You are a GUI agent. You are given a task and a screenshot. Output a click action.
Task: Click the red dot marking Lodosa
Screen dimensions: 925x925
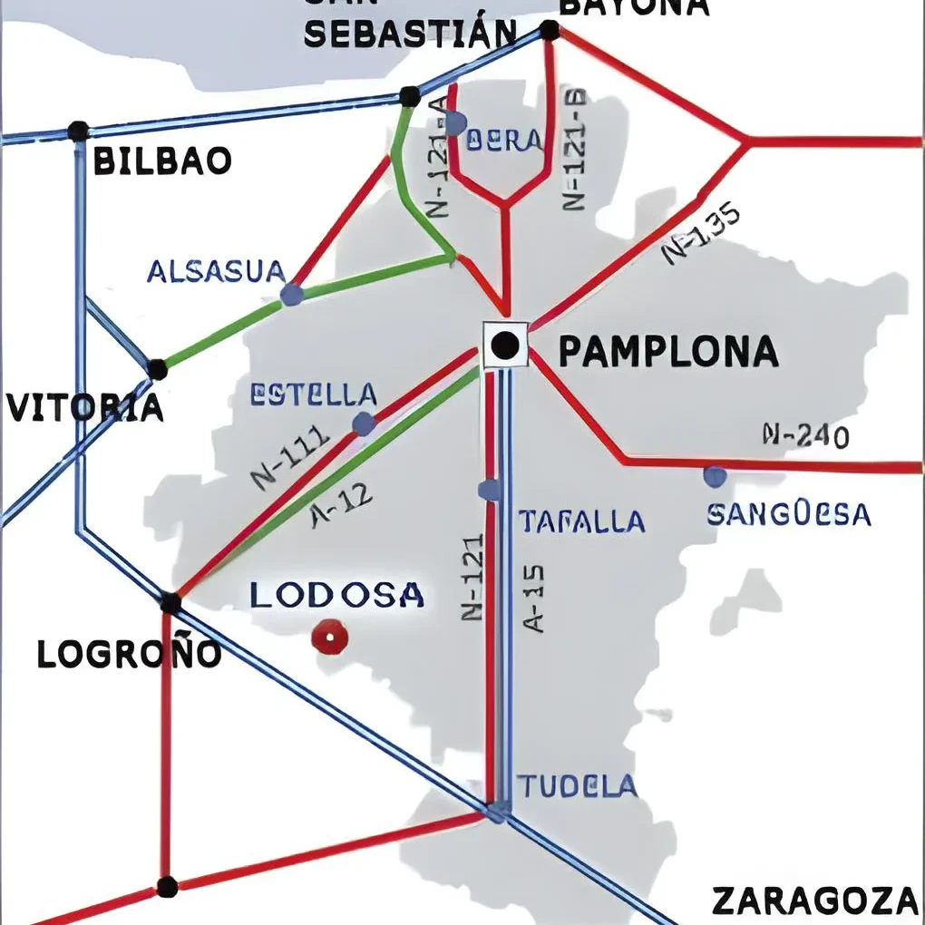click(x=329, y=638)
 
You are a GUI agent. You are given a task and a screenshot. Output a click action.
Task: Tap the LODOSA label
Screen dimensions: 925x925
click(x=336, y=596)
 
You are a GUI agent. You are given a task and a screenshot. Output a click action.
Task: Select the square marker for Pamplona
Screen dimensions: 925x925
click(x=505, y=345)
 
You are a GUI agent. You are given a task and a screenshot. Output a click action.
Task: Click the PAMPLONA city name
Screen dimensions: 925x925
click(x=667, y=351)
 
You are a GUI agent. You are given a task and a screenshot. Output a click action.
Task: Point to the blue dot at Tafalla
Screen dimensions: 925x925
click(x=490, y=491)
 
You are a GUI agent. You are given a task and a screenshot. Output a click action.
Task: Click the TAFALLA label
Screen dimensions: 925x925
click(x=581, y=521)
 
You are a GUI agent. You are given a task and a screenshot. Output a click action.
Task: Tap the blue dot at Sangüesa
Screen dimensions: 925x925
click(x=715, y=475)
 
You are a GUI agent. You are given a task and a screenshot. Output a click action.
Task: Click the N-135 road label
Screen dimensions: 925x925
click(x=701, y=233)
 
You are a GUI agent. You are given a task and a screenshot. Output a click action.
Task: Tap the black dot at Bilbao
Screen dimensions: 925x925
click(x=78, y=131)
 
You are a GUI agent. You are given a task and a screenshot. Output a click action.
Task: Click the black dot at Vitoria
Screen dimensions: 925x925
click(x=157, y=369)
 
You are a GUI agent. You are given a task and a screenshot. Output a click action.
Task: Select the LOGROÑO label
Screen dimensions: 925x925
click(x=129, y=654)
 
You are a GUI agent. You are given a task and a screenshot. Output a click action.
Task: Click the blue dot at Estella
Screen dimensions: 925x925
click(x=364, y=424)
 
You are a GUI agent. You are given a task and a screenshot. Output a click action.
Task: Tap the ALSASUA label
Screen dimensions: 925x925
click(x=216, y=271)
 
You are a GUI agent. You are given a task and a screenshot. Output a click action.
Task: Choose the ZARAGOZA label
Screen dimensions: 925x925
click(x=814, y=901)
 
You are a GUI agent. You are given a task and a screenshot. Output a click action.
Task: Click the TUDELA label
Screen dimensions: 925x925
click(x=577, y=786)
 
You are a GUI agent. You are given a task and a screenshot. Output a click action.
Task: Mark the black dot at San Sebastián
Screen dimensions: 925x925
click(x=410, y=96)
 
